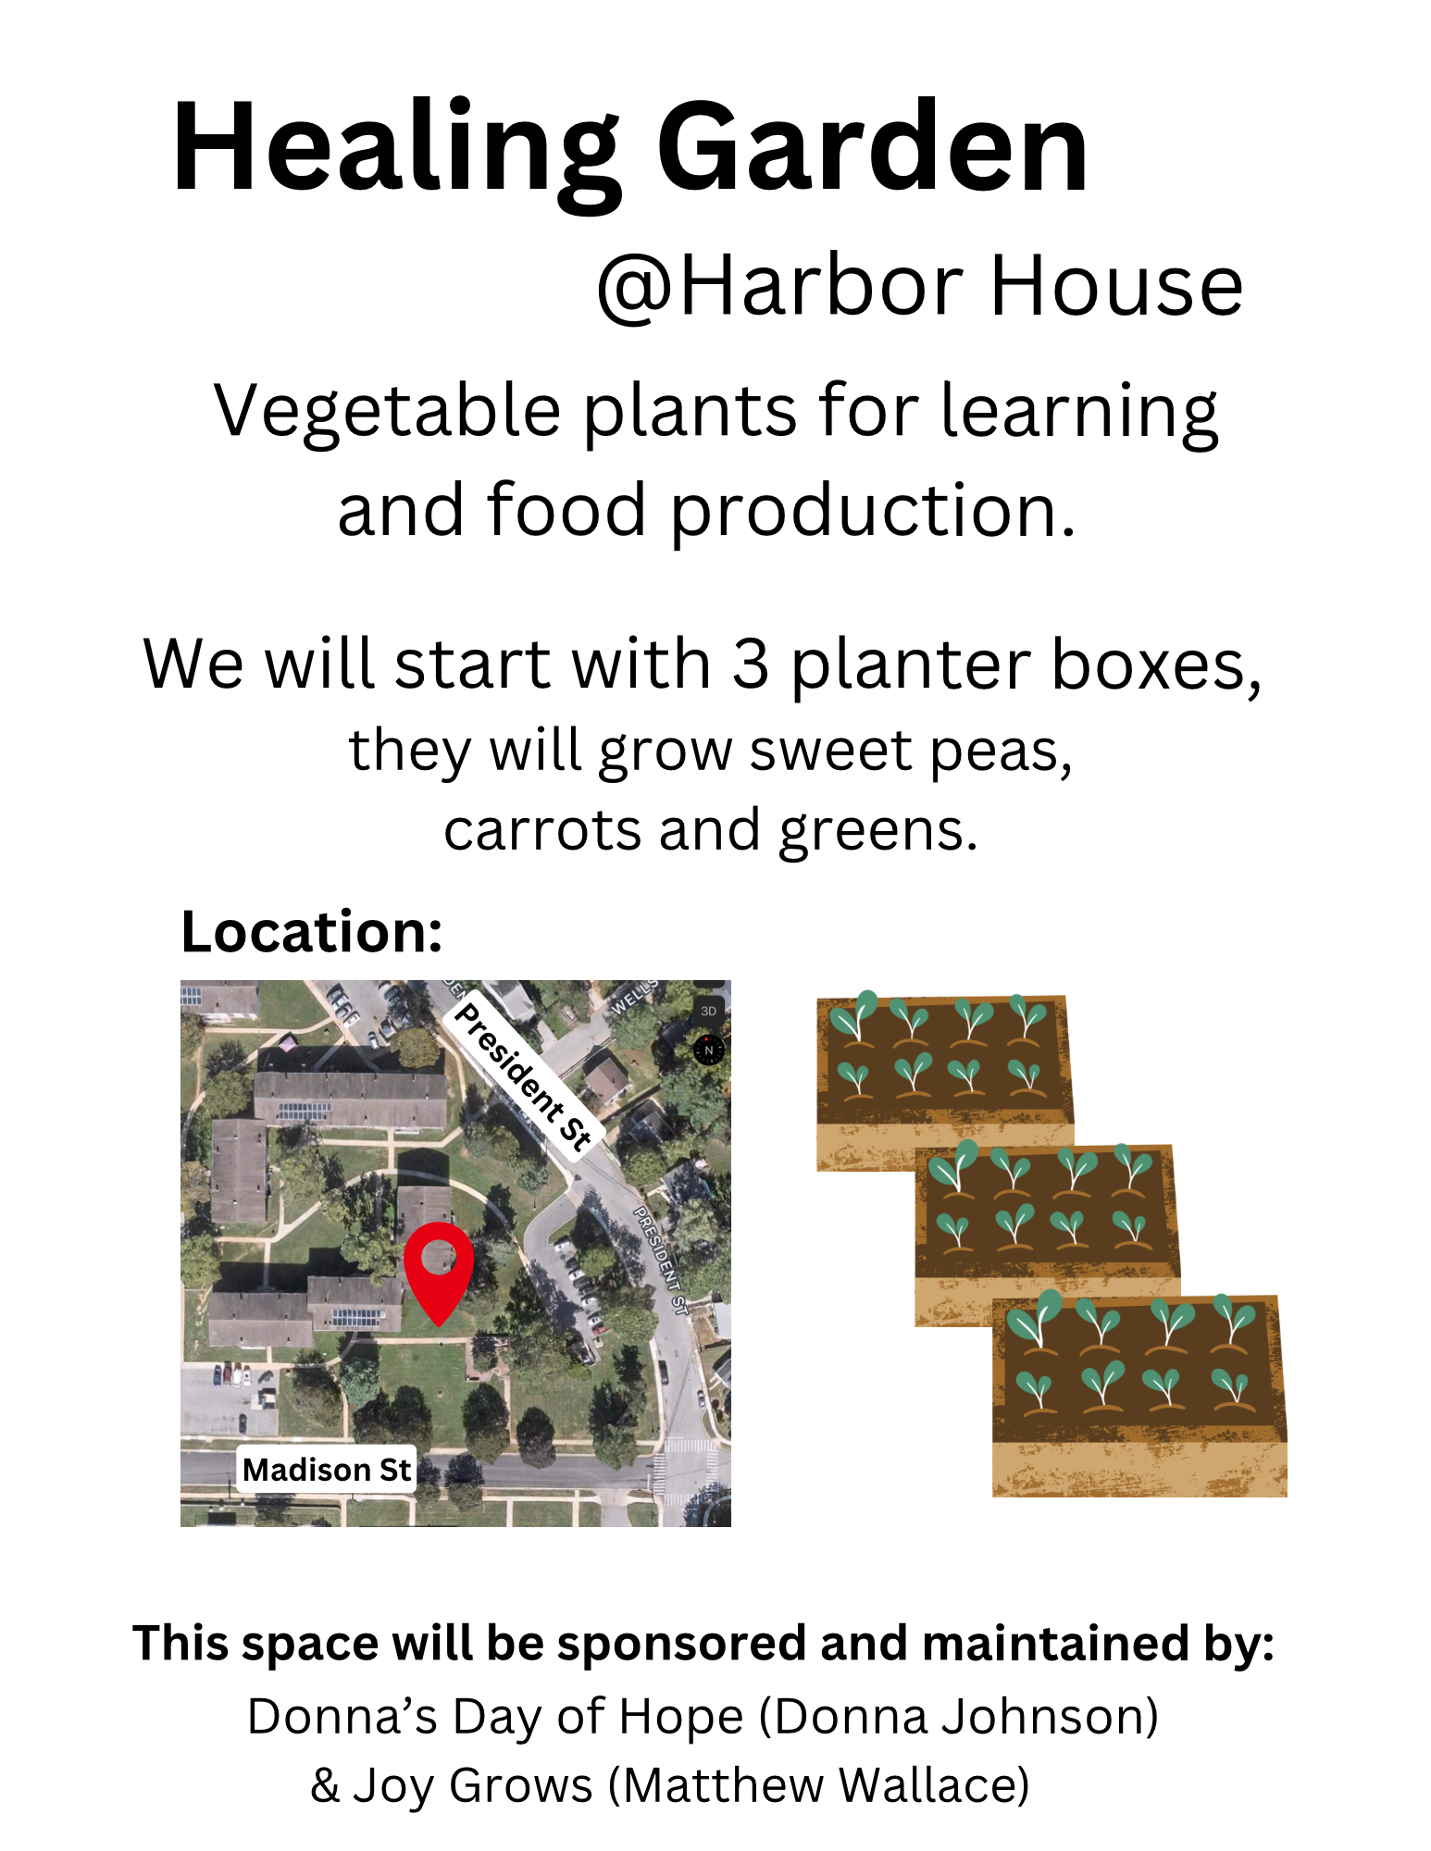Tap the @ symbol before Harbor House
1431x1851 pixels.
637,288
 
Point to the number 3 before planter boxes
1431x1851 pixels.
750,665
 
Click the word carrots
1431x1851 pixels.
542,830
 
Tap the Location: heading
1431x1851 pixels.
312,931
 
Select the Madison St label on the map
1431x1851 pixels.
326,1469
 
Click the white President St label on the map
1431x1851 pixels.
524,1076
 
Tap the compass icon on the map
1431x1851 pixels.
709,1050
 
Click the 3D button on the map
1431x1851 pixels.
709,1011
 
